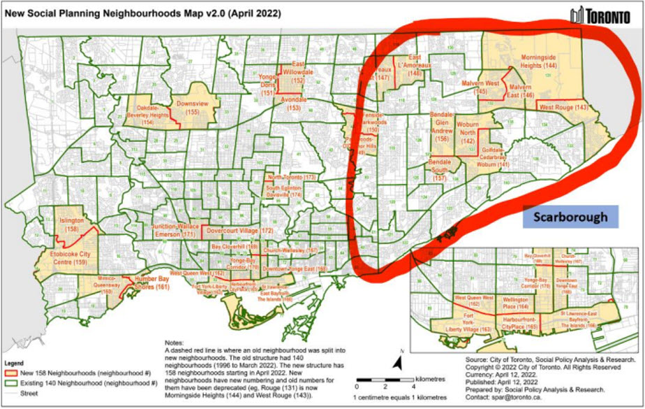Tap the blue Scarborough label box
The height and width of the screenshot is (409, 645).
coord(570,217)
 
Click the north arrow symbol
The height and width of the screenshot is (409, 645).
coord(397,362)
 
